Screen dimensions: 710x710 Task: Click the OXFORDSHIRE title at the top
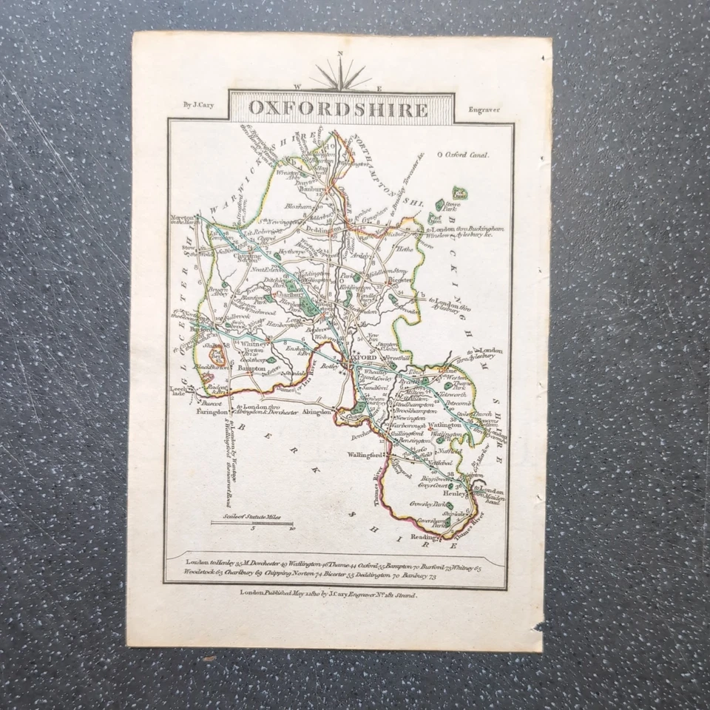click(x=338, y=109)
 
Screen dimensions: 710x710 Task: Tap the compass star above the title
click(x=339, y=74)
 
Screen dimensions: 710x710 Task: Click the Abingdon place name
click(x=319, y=414)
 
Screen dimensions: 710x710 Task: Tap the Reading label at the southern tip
click(x=428, y=539)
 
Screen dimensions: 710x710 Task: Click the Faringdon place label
click(x=210, y=415)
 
